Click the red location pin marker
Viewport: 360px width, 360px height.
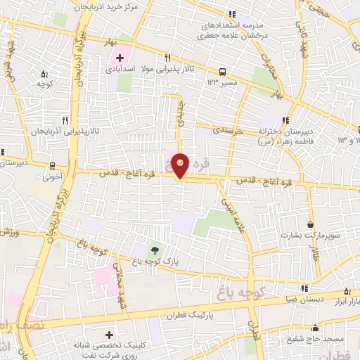point(181,165)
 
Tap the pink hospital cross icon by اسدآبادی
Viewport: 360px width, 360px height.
point(119,58)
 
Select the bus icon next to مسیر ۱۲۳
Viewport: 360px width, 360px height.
point(222,71)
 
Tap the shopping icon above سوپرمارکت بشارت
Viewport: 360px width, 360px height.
point(310,225)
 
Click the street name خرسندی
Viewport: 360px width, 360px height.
point(229,131)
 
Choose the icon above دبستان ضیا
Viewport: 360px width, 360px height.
point(304,288)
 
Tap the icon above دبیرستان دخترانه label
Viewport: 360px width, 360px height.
point(285,120)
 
